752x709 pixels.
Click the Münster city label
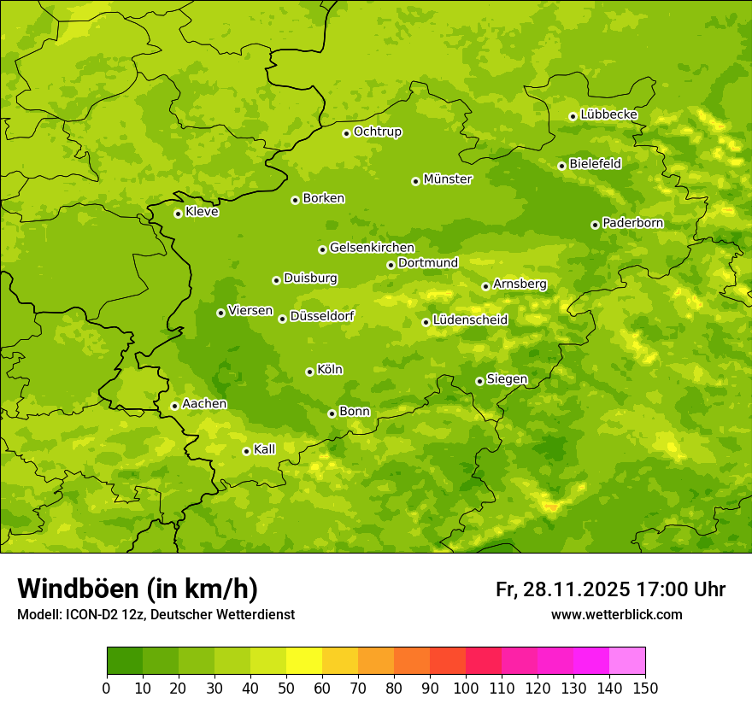[448, 179]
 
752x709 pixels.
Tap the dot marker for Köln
[309, 372]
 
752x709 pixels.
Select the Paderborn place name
[632, 223]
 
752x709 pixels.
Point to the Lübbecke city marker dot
[573, 116]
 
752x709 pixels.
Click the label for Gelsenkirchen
[372, 248]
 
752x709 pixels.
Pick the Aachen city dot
[174, 406]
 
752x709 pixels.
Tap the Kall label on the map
[265, 449]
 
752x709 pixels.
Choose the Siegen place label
[507, 379]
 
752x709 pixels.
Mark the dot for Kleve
[178, 214]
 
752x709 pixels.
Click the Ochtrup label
[377, 132]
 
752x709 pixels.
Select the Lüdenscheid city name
[470, 320]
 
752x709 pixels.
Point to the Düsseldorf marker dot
[282, 319]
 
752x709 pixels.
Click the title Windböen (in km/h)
[138, 589]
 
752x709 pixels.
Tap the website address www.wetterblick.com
[616, 614]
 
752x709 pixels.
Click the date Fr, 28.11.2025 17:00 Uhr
[610, 589]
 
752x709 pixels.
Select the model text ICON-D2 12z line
[156, 614]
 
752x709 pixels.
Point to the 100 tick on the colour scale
[466, 688]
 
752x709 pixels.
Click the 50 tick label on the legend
[286, 688]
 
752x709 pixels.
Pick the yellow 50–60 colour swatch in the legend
[304, 661]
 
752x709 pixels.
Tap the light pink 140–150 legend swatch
[627, 661]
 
